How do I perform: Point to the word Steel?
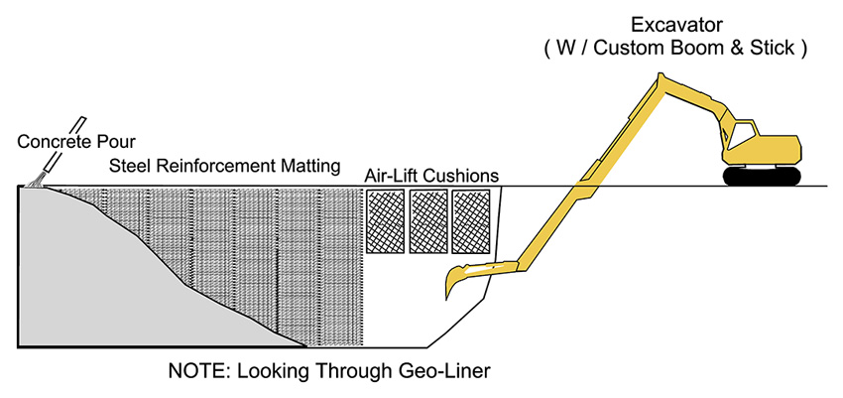point(131,165)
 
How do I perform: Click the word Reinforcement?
point(217,165)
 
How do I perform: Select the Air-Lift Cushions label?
point(431,176)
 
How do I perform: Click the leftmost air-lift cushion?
point(385,218)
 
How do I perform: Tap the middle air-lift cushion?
point(428,218)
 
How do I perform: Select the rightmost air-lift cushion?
point(471,218)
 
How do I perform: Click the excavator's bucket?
point(458,282)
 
